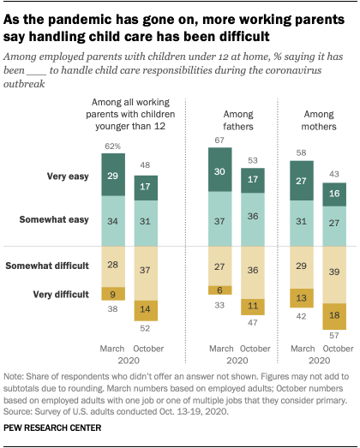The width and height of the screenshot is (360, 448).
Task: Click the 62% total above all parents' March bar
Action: coord(112,146)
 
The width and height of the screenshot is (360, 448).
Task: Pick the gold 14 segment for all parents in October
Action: coord(147,310)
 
